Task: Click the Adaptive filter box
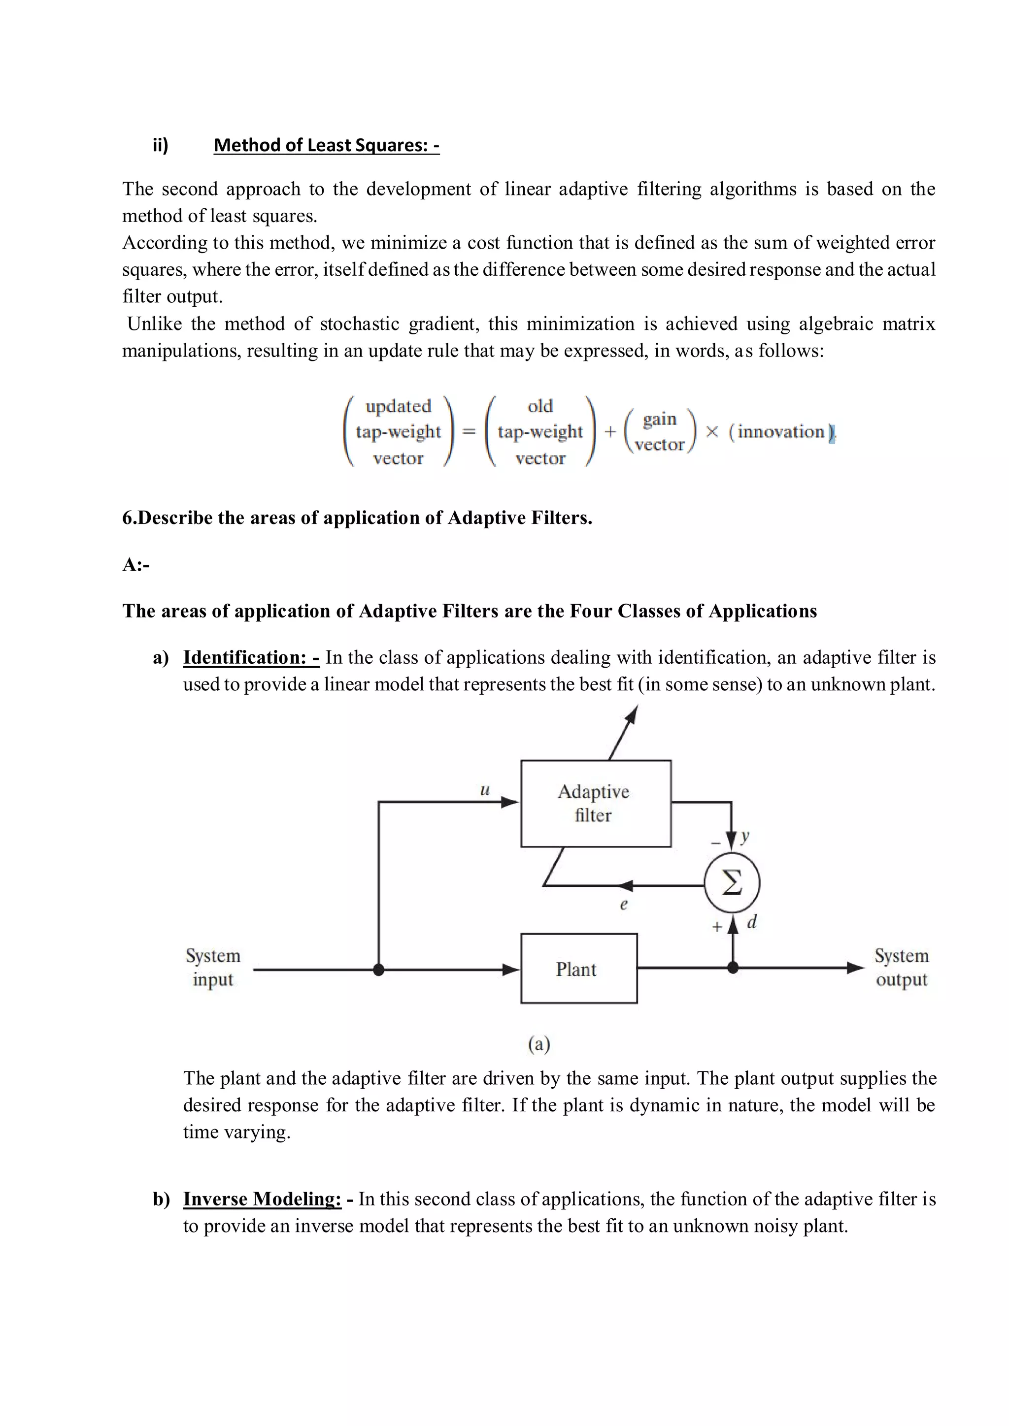point(595,803)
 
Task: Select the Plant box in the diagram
point(578,969)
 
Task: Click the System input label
point(212,967)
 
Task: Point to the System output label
point(902,967)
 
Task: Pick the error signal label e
point(624,904)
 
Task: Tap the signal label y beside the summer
point(745,837)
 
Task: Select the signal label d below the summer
point(752,922)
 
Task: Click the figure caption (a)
point(538,1044)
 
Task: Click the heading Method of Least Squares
point(326,145)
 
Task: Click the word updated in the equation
point(398,406)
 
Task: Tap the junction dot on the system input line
point(378,970)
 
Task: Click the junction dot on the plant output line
point(733,968)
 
